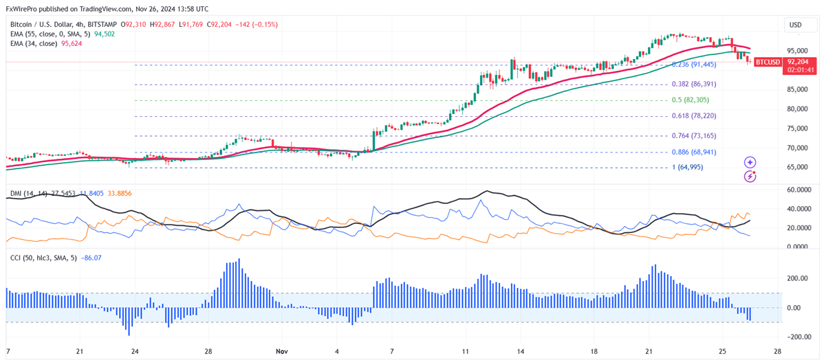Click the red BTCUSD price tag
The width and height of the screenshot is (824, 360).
tap(768, 62)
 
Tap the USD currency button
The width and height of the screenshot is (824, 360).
tap(796, 25)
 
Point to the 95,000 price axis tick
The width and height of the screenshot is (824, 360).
tap(796, 51)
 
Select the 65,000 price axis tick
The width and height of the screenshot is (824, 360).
tap(796, 167)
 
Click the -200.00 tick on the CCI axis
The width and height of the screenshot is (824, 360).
tap(798, 337)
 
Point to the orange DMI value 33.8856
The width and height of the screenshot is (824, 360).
tap(118, 194)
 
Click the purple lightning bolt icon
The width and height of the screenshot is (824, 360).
tap(750, 177)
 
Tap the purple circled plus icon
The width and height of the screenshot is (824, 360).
tap(750, 163)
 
